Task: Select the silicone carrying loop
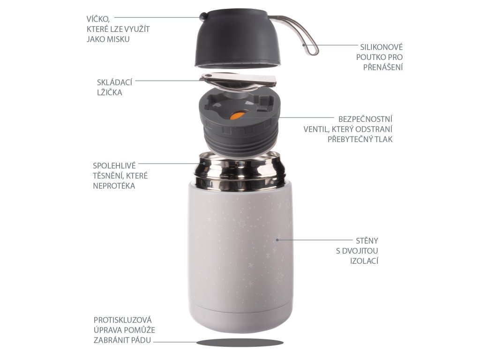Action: (296, 34)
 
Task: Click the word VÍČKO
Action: (98, 18)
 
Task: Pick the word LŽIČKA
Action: (110, 92)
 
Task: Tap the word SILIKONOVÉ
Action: (381, 47)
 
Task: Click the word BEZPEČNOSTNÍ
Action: (365, 119)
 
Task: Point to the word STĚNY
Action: (367, 240)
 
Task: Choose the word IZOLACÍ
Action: (364, 261)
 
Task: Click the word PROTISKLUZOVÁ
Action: (123, 320)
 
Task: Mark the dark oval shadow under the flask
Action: (240, 343)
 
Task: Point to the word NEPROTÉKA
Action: (114, 186)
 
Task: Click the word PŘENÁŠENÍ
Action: (383, 67)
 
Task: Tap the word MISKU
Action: (119, 39)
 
